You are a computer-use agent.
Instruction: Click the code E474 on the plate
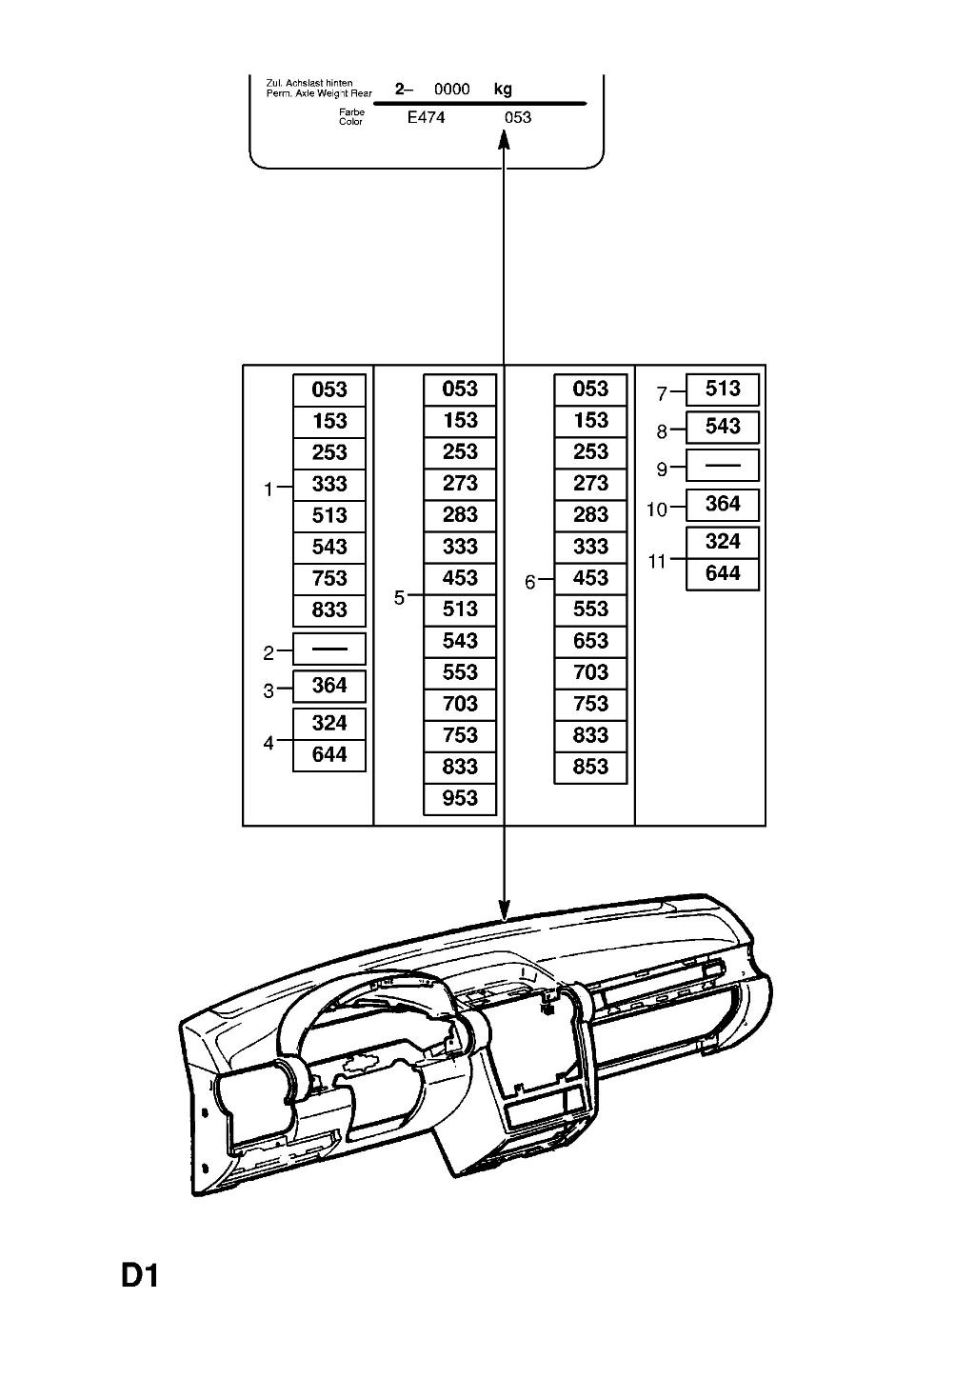[x=426, y=117]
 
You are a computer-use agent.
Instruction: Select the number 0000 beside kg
[x=452, y=90]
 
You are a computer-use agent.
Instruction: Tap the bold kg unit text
[x=503, y=90]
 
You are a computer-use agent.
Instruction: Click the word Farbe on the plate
[x=351, y=112]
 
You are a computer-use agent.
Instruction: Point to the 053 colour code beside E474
[x=518, y=117]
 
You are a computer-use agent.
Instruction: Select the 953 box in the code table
[x=460, y=799]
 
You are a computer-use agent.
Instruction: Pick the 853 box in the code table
[x=590, y=768]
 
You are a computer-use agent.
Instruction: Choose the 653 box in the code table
[x=590, y=642]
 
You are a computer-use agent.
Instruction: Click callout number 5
[x=400, y=598]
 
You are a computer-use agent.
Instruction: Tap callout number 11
[x=657, y=562]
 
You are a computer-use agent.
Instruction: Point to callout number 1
[x=269, y=490]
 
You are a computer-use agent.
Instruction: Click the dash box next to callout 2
[x=329, y=649]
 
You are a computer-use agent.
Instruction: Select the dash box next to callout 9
[x=723, y=465]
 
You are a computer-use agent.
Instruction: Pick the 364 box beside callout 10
[x=723, y=504]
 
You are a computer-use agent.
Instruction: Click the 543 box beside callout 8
[x=723, y=427]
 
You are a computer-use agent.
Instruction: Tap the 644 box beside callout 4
[x=329, y=755]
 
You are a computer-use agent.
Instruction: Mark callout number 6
[x=530, y=583]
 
